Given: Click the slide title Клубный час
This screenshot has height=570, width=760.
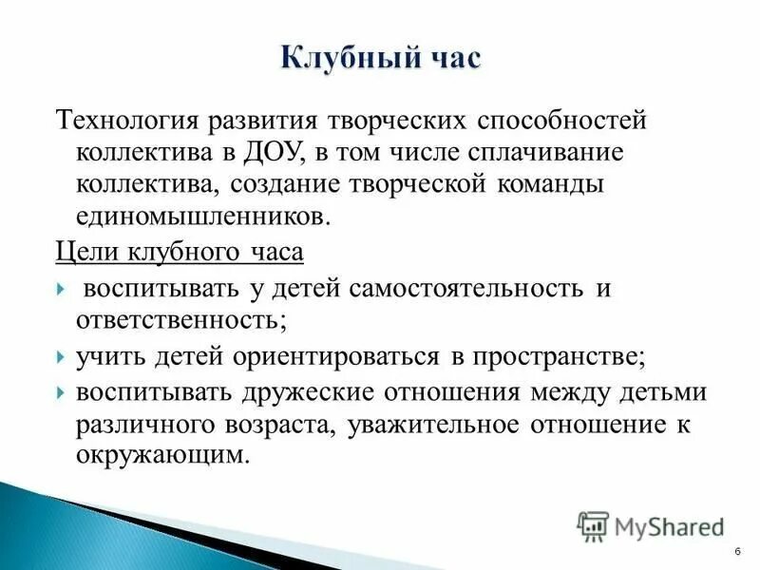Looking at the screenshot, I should [x=381, y=59].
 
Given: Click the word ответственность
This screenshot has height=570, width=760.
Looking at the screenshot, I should [x=180, y=319].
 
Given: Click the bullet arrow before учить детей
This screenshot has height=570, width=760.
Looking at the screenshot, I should [x=60, y=357].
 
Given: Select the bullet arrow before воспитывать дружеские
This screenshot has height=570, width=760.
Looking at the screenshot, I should [x=60, y=392].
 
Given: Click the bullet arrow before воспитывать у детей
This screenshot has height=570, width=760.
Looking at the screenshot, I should [x=60, y=289].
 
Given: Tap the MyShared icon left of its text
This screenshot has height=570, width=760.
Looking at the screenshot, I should [x=593, y=525].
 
